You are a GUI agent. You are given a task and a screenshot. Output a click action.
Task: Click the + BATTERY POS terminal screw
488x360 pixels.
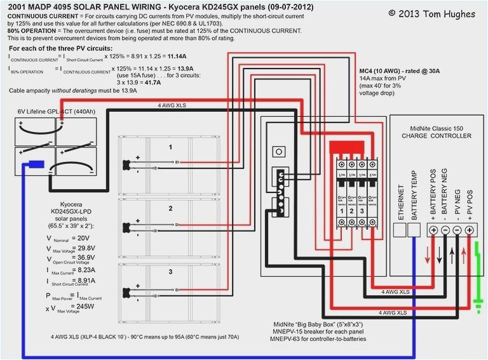tap(433, 230)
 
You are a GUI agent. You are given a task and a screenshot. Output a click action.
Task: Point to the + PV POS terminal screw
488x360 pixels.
tap(470, 230)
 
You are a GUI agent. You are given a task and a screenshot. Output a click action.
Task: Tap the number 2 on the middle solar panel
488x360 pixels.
tap(170, 208)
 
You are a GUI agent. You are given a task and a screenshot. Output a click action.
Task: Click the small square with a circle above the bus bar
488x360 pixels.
tap(278, 152)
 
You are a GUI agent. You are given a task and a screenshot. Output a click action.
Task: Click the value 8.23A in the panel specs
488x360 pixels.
tap(84, 270)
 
